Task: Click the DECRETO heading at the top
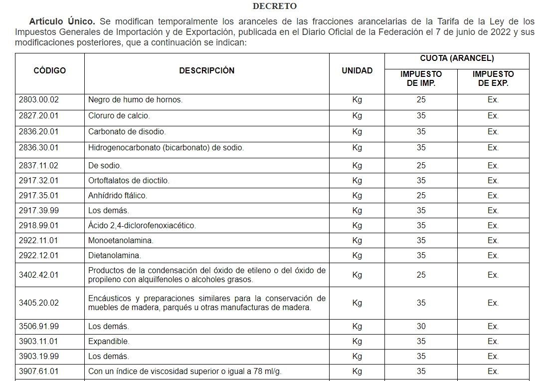pos(274,6)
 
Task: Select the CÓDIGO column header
pos(49,71)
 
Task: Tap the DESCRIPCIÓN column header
pos(206,71)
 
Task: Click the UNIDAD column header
pos(357,71)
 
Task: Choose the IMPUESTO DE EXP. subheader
pos(493,79)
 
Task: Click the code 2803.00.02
pos(38,100)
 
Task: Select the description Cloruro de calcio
pos(119,116)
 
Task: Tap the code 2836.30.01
pos(38,148)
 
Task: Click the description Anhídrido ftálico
pos(117,196)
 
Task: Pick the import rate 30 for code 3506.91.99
pos(421,327)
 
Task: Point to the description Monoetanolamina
pos(120,241)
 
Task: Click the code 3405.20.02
pos(38,303)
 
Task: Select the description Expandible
pos(108,342)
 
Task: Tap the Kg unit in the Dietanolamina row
pos(357,256)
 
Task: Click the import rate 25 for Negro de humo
pos(421,100)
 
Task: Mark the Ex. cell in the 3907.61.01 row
pos(493,372)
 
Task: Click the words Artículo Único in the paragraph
pos(62,21)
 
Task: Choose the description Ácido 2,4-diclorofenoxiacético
pos(142,226)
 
